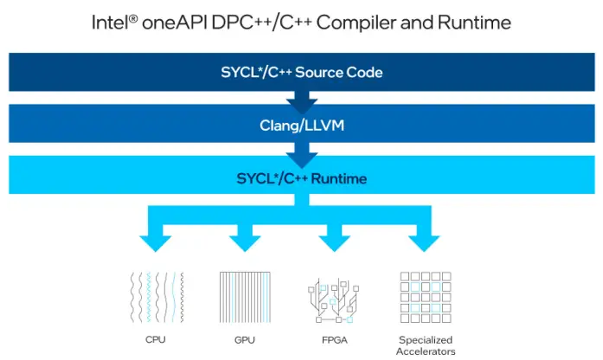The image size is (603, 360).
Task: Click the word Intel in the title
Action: point(111,22)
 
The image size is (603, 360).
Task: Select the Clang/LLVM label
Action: point(301,125)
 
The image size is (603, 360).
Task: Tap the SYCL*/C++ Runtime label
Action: point(301,179)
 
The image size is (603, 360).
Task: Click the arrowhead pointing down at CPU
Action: point(156,241)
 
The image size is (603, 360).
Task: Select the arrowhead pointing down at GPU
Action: point(243,241)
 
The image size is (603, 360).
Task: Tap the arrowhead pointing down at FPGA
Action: point(335,241)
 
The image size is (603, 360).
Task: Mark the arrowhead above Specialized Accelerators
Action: point(425,241)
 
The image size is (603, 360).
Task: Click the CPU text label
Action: point(156,340)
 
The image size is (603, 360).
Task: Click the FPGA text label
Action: point(335,340)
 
